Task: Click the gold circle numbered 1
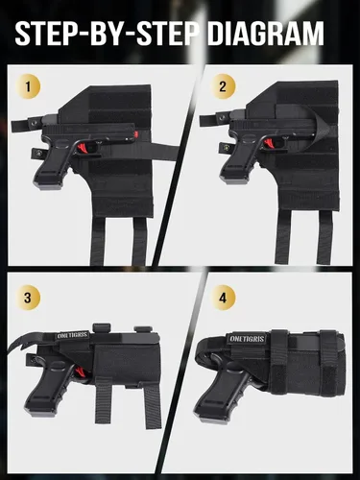pos(28,86)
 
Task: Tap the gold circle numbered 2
pos(223,86)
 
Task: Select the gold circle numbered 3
pos(28,298)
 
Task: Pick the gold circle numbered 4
pos(223,298)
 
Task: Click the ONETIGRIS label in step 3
pos(72,336)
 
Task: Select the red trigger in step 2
pos(268,144)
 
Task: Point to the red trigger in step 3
pos(82,372)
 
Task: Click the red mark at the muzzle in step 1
pos(136,133)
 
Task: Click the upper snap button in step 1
pos(35,123)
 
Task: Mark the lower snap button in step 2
pos(227,148)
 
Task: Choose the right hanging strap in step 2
pos(324,237)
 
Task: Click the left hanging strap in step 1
pos(98,241)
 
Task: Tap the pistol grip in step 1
pos(52,168)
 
